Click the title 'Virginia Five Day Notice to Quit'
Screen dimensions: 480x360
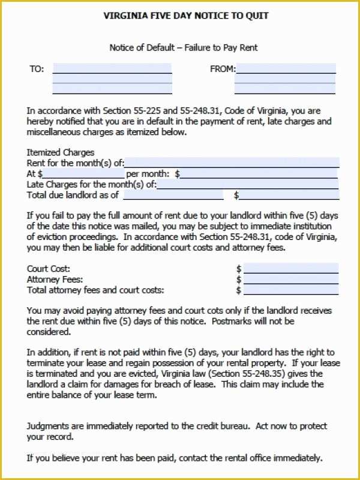click(185, 16)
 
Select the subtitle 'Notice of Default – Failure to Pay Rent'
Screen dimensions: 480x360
click(184, 47)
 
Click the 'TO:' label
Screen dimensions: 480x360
click(37, 69)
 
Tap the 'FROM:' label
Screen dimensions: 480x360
click(222, 69)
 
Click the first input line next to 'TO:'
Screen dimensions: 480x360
click(112, 68)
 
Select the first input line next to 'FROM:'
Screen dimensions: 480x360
click(286, 68)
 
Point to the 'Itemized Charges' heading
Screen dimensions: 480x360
click(61, 152)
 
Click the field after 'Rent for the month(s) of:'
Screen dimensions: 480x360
click(232, 163)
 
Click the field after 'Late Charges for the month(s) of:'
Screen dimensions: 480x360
click(247, 184)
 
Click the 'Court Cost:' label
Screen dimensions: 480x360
click(49, 269)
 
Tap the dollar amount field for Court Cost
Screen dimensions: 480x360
click(290, 269)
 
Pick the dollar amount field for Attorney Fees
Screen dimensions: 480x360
click(290, 280)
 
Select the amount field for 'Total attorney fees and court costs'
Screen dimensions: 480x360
click(290, 290)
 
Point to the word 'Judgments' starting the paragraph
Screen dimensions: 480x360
click(49, 426)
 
